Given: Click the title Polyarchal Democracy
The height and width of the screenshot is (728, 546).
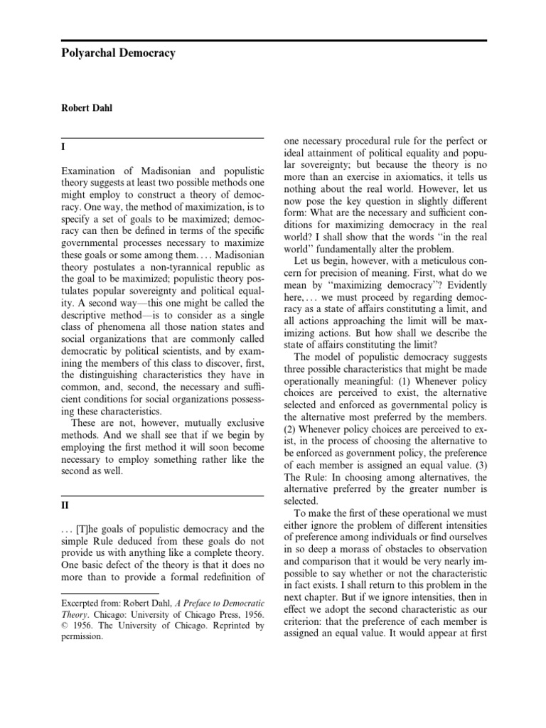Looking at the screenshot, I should pos(117,54).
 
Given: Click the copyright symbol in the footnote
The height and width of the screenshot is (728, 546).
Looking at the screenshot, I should pos(65,626).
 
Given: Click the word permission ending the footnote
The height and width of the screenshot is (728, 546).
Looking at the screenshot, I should pos(82,638).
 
